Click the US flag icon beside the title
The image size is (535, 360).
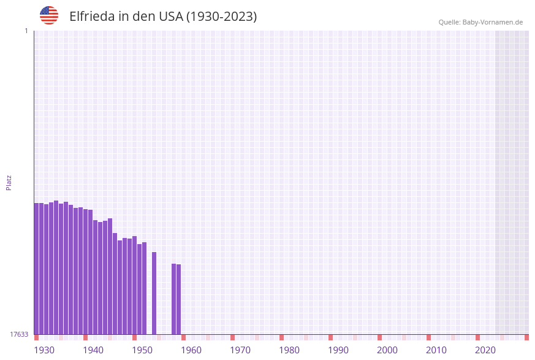tap(49, 15)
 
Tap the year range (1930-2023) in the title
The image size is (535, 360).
tap(221, 17)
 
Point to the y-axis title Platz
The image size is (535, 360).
tap(9, 182)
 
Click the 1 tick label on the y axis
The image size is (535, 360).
tap(26, 31)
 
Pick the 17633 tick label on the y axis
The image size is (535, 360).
tap(19, 334)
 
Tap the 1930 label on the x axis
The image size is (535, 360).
tap(44, 350)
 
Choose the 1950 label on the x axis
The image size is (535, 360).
tap(142, 350)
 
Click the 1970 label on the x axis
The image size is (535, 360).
tap(240, 350)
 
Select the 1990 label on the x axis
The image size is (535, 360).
tap(338, 350)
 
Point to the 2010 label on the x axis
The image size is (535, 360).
tap(436, 350)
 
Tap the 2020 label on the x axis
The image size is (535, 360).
tap(485, 350)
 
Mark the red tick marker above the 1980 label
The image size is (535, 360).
tap(281, 337)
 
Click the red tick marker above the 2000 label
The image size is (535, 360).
tap(379, 337)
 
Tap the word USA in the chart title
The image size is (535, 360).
tap(170, 17)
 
